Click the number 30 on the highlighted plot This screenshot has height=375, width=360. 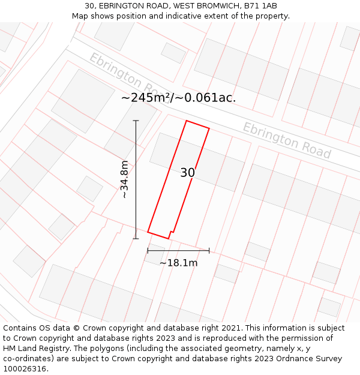click(x=187, y=173)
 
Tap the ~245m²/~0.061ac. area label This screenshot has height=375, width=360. click(x=178, y=98)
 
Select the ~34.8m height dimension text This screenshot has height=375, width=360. click(x=125, y=179)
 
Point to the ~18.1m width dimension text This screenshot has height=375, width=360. click(x=178, y=263)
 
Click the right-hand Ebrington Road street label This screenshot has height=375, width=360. click(x=286, y=140)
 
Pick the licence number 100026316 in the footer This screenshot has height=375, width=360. click(x=26, y=369)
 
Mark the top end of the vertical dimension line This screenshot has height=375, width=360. click(x=136, y=121)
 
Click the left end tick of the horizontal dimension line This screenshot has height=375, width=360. click(x=148, y=250)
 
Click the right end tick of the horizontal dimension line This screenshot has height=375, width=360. click(x=209, y=250)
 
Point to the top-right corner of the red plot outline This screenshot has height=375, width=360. click(x=209, y=128)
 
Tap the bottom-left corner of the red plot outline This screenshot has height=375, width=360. click(x=148, y=232)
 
